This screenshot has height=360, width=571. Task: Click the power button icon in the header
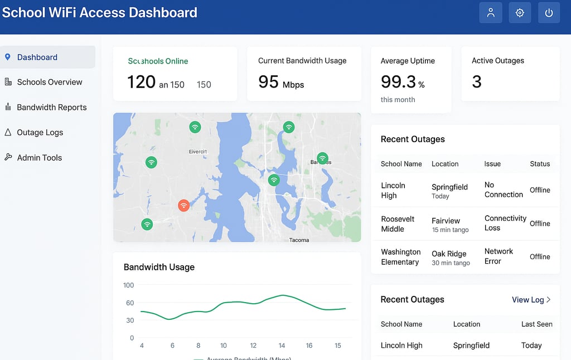click(x=549, y=13)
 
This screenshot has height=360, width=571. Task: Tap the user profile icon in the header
click(x=491, y=13)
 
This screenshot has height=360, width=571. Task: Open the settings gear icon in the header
click(x=520, y=13)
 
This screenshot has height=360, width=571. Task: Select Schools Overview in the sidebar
click(x=49, y=82)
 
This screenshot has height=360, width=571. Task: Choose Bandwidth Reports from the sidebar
click(x=51, y=107)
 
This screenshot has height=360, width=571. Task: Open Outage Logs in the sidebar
click(x=40, y=133)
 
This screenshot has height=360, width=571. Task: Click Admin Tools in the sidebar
click(x=39, y=158)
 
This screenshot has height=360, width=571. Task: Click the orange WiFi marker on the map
click(x=183, y=206)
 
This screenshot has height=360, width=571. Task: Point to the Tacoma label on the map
click(x=299, y=240)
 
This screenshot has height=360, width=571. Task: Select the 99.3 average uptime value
click(x=398, y=82)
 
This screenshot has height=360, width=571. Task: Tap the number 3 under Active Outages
click(x=477, y=82)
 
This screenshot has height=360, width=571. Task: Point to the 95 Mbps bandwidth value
click(x=281, y=82)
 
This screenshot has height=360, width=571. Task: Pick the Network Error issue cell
click(x=499, y=256)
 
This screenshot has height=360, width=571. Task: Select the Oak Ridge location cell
click(x=449, y=254)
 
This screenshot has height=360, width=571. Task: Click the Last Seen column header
click(x=536, y=324)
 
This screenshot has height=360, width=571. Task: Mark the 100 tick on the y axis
click(x=129, y=285)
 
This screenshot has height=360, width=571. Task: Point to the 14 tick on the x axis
click(x=282, y=346)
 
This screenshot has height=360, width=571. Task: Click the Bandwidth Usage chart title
click(x=159, y=267)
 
